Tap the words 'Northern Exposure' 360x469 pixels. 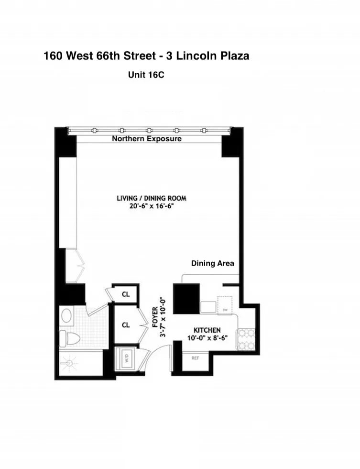(x=146, y=139)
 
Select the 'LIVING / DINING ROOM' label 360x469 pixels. (x=152, y=198)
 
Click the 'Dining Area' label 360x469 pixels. (x=212, y=263)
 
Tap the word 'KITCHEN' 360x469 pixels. (x=207, y=330)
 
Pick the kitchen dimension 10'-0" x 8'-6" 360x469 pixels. (x=207, y=337)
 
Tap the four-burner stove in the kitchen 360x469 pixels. (x=247, y=338)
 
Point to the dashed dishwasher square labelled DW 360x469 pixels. (x=224, y=304)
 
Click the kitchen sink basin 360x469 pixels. (x=208, y=307)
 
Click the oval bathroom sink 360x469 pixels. (x=67, y=316)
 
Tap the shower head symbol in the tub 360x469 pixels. (x=70, y=364)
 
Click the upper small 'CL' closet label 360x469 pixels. (x=126, y=294)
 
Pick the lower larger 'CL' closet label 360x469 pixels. (x=126, y=325)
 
